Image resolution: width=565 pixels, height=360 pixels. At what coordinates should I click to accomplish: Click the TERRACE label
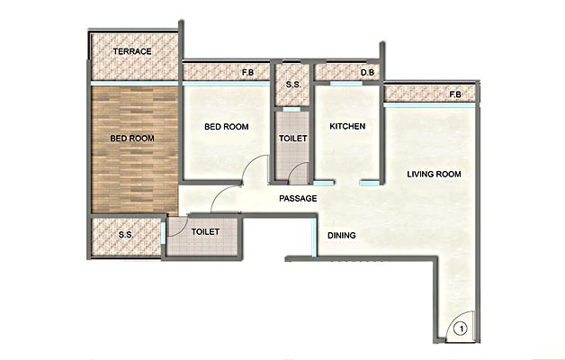pos(132,51)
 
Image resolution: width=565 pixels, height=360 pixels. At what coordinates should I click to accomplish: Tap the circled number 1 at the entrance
pos(461,328)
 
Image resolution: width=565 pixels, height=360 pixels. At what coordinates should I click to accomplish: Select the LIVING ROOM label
pos(434,174)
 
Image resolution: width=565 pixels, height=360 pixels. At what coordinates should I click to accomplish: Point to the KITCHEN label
pos(347,126)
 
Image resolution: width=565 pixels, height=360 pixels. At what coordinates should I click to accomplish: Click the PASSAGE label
pos(298,198)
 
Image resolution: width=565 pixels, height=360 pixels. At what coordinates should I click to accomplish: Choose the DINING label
pos(342,235)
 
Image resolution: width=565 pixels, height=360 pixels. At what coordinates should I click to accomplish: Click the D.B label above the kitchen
pos(368,72)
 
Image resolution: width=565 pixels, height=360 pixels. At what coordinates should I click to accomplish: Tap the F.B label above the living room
pos(455,94)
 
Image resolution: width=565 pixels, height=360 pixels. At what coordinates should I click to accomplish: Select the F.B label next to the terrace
pos(248,72)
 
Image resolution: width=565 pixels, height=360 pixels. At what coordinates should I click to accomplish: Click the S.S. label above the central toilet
pos(293,85)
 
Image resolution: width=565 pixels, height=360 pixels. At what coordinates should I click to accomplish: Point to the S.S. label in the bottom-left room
pos(126,235)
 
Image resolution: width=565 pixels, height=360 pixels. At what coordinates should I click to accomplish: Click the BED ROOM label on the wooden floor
pos(132,139)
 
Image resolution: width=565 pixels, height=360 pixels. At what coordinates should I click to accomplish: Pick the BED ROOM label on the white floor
pos(227,127)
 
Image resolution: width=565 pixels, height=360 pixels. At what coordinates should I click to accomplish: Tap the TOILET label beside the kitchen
pos(293,139)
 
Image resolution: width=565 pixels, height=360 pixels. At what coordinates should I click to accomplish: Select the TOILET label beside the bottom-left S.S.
pos(205,231)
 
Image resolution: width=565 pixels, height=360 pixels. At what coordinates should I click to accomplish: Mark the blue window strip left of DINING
pos(314,238)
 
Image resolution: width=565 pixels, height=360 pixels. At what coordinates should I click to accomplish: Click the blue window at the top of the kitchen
pos(346,84)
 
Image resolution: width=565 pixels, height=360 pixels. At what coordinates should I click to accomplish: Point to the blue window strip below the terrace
pos(134,83)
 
